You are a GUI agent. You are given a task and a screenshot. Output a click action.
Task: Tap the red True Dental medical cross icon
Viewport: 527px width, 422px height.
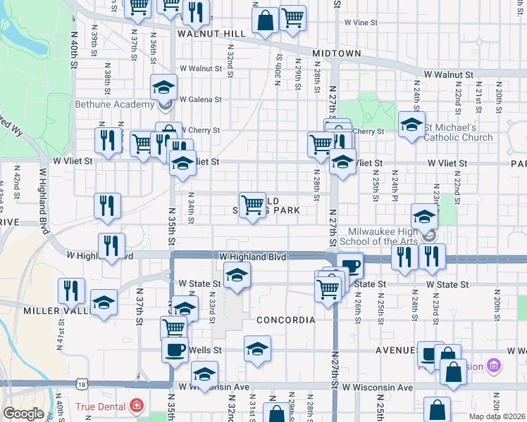[135, 407]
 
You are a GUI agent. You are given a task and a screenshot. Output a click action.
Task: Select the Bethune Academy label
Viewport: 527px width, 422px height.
[114, 105]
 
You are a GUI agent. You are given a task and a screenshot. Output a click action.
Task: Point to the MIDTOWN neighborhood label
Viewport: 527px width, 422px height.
[337, 53]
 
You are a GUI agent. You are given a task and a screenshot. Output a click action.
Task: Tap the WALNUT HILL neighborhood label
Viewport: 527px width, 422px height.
[211, 34]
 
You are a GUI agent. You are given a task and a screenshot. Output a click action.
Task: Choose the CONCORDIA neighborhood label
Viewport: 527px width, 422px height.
[285, 320]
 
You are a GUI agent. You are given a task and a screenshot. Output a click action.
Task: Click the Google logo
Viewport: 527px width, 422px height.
[23, 414]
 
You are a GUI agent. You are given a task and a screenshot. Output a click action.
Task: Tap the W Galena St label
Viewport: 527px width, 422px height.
[200, 100]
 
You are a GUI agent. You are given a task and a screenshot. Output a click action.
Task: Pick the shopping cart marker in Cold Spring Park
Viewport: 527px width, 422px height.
[252, 205]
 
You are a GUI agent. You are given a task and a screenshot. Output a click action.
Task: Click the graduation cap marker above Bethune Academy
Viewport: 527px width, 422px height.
[163, 88]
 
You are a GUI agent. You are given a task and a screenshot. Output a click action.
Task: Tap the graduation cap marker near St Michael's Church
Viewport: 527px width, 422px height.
[412, 124]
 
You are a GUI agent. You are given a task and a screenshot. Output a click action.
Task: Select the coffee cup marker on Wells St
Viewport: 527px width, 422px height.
[175, 350]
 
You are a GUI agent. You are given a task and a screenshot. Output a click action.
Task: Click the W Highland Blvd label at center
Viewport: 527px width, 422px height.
[253, 257]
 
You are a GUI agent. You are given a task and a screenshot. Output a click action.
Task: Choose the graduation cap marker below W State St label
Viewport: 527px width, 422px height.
[237, 276]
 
